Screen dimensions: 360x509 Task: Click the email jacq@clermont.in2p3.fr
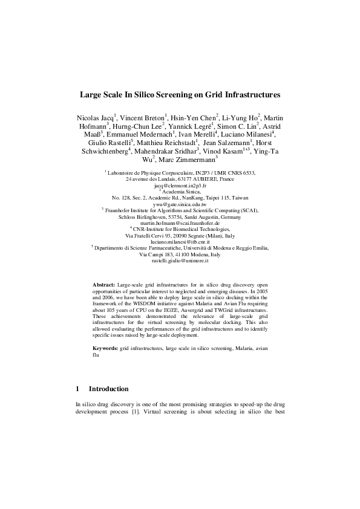click(x=180, y=186)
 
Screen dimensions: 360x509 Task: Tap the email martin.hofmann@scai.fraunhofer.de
click(x=180, y=223)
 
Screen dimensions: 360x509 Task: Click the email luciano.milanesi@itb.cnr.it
click(x=180, y=241)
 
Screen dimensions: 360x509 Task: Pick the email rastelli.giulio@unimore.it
click(x=180, y=261)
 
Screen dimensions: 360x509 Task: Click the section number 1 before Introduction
click(x=77, y=389)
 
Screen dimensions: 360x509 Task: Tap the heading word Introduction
click(x=109, y=389)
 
